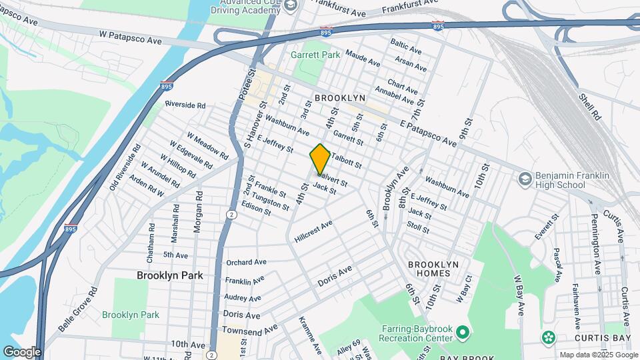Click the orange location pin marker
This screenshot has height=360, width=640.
coord(320,159)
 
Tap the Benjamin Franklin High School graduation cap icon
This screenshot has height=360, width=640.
coord(524,179)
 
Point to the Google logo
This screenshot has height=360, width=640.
coord(22,351)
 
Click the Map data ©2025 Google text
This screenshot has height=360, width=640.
coord(598,355)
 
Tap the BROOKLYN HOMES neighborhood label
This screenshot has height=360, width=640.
coord(433,269)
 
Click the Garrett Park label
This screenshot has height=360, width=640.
coord(315,54)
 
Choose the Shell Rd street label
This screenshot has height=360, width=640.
coord(590,107)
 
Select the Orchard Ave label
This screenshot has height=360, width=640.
coord(246,262)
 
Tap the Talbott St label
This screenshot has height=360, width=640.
coord(347,161)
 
